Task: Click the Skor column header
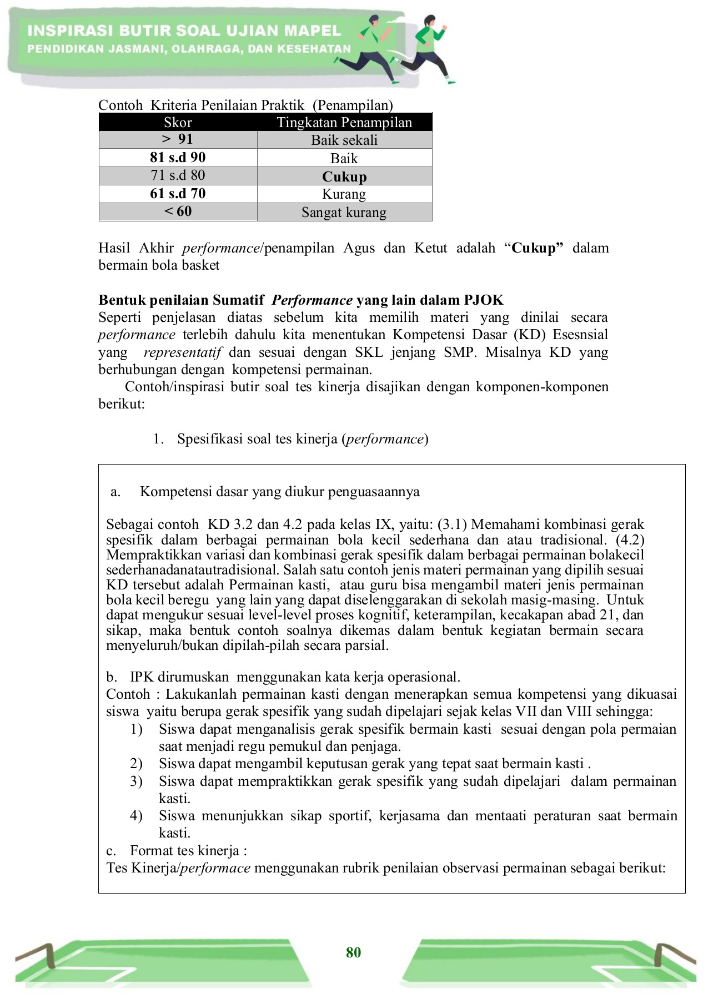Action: point(178,122)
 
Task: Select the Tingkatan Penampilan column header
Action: point(344,122)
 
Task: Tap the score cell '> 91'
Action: point(178,139)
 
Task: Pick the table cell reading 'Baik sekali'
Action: point(344,140)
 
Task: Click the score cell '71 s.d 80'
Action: point(178,175)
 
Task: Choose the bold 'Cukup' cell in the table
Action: point(344,176)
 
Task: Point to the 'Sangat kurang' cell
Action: point(344,212)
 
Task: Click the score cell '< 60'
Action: point(178,211)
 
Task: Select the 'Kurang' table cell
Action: point(344,194)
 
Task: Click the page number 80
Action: point(353,952)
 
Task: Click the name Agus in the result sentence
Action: point(359,248)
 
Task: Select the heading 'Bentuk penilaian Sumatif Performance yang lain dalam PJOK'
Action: point(301,300)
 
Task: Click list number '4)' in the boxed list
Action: point(137,816)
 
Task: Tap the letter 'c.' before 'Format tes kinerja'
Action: point(111,851)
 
